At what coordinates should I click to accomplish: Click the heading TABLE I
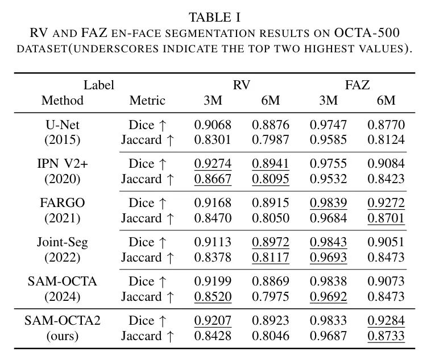coord(215,16)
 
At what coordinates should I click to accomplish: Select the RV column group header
coord(242,85)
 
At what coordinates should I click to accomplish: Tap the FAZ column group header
coord(357,85)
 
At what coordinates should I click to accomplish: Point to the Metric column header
coord(147,101)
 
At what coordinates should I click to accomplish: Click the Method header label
coord(63,101)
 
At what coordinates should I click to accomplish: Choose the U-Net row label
coord(63,125)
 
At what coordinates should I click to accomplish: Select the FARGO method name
coord(63,203)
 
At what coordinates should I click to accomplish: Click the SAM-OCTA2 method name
coord(63,321)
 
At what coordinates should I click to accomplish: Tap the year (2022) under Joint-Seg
coord(63,258)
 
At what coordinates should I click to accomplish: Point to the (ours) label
coord(63,336)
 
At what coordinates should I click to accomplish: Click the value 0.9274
coord(213,164)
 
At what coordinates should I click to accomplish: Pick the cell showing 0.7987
coord(270,140)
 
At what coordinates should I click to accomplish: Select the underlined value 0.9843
coord(328,242)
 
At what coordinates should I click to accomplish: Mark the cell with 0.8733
coord(386,336)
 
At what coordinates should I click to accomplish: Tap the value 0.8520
coord(213,297)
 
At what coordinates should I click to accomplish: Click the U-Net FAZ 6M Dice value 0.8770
coord(386,125)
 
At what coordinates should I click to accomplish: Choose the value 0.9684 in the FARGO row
coord(328,218)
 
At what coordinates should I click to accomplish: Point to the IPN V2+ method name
coord(63,164)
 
